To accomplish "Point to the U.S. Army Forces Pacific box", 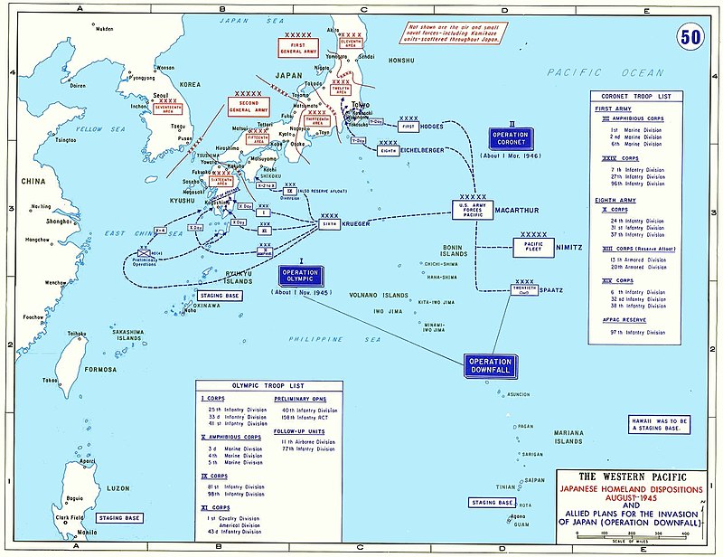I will tap(474, 210).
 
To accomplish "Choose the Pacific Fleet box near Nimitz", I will tap(539, 246).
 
